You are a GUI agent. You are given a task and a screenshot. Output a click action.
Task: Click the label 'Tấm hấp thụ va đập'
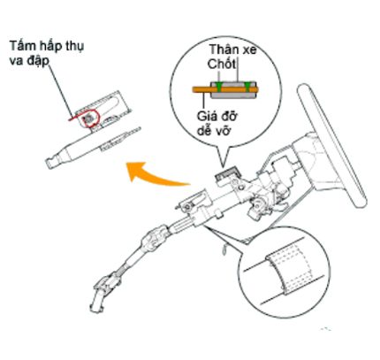pyautogui.click(x=46, y=52)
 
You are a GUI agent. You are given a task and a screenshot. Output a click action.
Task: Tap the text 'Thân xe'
pyautogui.click(x=232, y=50)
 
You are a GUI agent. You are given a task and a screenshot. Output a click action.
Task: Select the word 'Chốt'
pyautogui.click(x=222, y=64)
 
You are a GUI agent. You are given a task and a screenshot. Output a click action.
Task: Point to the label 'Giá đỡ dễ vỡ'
pyautogui.click(x=217, y=123)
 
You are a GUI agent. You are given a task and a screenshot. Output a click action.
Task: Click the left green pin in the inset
pyautogui.click(x=219, y=85)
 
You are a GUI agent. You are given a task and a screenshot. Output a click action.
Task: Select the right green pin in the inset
pyautogui.click(x=247, y=85)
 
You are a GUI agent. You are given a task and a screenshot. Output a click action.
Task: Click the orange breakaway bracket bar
pyautogui.click(x=225, y=89)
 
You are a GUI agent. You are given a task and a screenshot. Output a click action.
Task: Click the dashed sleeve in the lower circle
pyautogui.click(x=287, y=268)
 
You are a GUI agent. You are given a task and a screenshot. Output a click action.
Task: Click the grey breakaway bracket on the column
pyautogui.click(x=227, y=173)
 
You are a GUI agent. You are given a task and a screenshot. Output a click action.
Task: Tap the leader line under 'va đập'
pyautogui.click(x=60, y=90)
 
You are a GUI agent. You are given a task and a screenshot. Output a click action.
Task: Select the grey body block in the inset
pyautogui.click(x=233, y=90)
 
